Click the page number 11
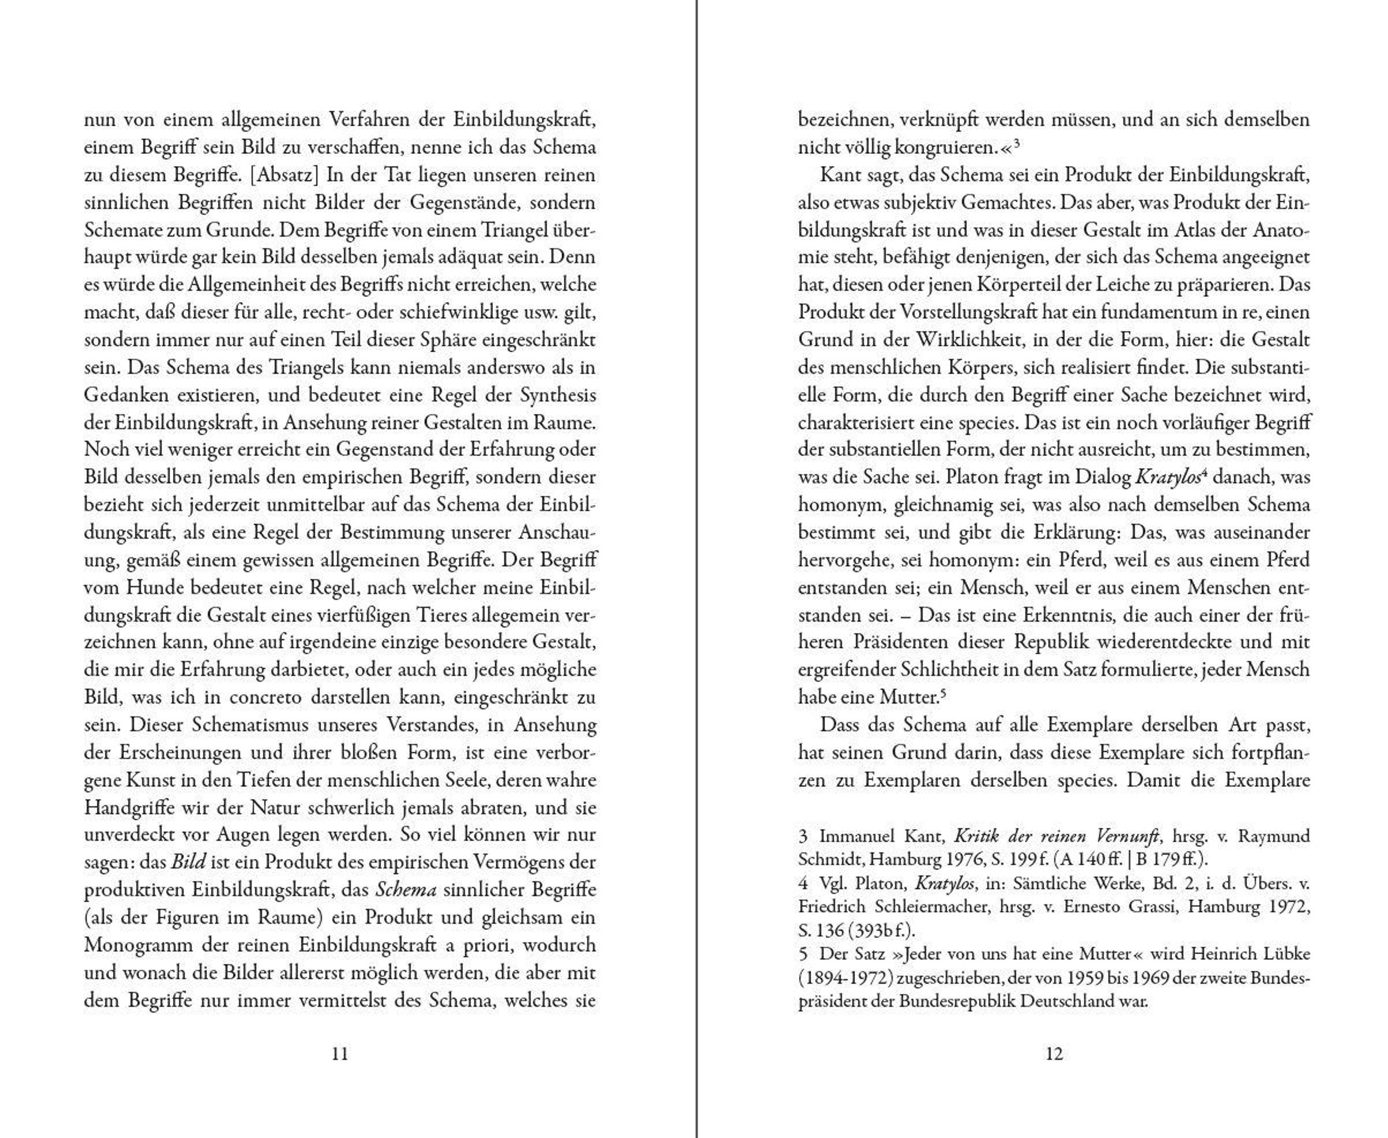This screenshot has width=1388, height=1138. click(x=340, y=1054)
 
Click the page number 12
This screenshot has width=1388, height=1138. click(x=1054, y=1054)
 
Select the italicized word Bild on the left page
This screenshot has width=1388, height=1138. click(x=189, y=863)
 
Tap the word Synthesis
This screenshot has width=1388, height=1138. click(x=558, y=395)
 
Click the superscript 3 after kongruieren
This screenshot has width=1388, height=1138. click(x=1017, y=143)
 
